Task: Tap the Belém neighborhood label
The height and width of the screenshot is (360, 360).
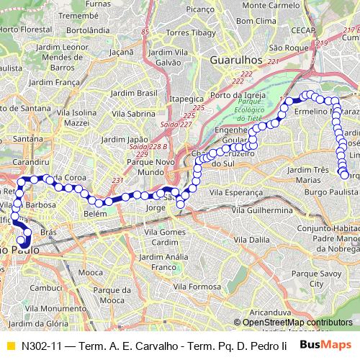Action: click(x=95, y=215)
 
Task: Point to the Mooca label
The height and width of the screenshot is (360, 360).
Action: click(x=90, y=274)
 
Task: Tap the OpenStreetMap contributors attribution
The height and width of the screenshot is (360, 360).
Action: click(x=297, y=323)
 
